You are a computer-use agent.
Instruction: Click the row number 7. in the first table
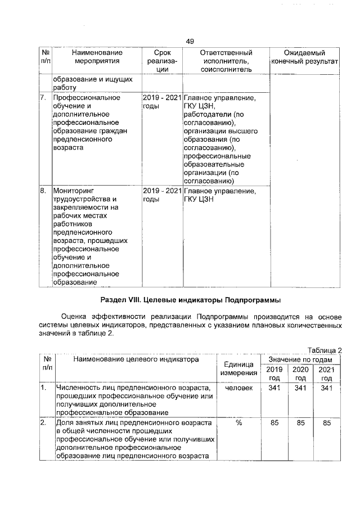coord(42,98)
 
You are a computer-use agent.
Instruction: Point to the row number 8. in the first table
coord(42,191)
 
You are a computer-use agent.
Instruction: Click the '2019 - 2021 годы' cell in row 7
coord(162,102)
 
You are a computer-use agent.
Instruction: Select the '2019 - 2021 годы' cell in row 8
coord(162,195)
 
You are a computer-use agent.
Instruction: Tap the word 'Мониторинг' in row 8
coord(74,191)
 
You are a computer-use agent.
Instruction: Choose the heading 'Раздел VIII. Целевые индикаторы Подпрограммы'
coord(190,298)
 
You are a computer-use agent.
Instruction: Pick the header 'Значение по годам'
coord(300,359)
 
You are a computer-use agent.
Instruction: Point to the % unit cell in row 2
coord(238,422)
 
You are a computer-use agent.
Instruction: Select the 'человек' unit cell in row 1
coord(238,389)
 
